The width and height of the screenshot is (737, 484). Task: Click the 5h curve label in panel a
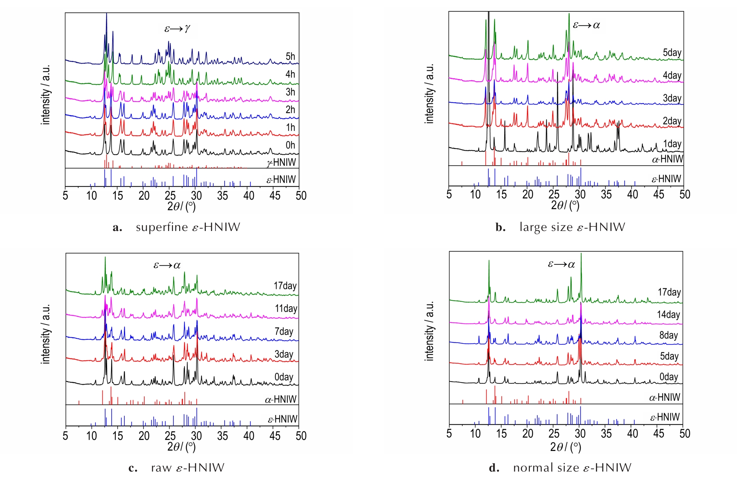point(290,57)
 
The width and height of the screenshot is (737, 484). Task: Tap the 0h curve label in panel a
point(290,145)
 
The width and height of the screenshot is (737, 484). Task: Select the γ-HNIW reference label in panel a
point(281,162)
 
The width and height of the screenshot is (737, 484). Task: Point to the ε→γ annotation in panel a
point(177,28)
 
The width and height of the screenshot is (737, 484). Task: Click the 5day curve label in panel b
point(672,53)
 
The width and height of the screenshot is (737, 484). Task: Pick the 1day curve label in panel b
point(672,144)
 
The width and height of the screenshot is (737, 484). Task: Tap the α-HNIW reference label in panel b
point(667,159)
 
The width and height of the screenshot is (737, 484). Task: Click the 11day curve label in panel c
point(286,308)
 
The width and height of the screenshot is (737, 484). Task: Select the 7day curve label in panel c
point(284,332)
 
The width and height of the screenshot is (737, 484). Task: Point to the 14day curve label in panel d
point(668,314)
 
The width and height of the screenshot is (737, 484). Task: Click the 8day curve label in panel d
point(668,335)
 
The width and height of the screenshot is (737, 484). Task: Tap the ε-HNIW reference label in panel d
point(665,417)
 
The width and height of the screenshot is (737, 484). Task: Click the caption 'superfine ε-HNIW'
point(188,227)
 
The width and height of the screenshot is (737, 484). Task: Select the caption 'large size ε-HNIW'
point(572,227)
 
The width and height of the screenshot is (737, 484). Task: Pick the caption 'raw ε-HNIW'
point(187,468)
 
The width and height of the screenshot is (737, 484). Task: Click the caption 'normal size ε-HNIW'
point(572,468)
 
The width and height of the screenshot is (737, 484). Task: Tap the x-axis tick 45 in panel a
point(275,195)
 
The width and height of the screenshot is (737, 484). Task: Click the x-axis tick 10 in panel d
point(475,434)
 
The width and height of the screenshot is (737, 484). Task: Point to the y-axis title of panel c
point(46,334)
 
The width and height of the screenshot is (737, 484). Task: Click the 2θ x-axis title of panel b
point(565,205)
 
